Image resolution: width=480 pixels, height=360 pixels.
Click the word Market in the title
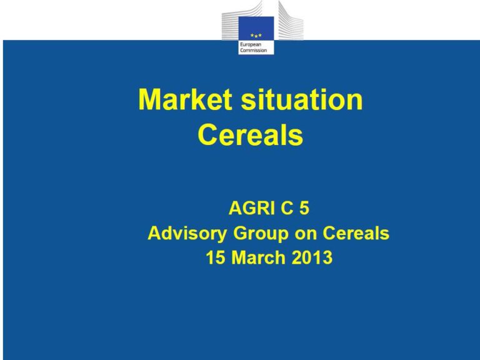click(184, 99)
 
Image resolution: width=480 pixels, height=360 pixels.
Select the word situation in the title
click(302, 99)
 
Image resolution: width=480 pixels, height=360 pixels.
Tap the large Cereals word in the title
click(251, 134)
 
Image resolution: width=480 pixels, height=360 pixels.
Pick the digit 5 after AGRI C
click(304, 208)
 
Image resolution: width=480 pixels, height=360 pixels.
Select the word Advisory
click(187, 233)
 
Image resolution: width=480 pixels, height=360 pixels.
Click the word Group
click(261, 234)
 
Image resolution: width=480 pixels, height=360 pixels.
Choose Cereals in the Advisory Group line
click(356, 233)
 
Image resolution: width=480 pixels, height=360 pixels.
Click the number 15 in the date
click(216, 257)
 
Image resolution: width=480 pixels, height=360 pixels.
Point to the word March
click(259, 257)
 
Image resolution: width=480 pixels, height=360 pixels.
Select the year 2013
click(312, 257)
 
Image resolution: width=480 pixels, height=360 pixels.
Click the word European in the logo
click(251, 45)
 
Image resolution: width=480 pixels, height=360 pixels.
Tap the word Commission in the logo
click(253, 50)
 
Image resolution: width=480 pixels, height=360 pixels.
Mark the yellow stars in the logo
click(256, 36)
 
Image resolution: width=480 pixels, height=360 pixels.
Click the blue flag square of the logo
click(256, 29)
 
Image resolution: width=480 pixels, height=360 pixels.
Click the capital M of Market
click(149, 99)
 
